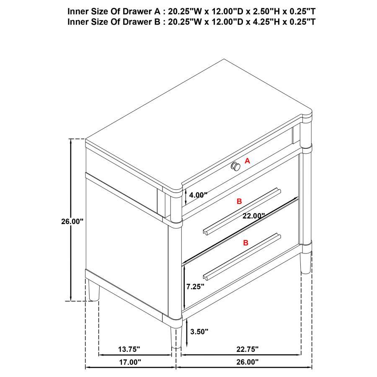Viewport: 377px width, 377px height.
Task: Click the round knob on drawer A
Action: coord(236,167)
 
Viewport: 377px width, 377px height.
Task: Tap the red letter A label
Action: coord(247,160)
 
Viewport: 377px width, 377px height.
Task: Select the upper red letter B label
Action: coord(239,201)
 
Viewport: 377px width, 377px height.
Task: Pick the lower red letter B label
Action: coord(246,243)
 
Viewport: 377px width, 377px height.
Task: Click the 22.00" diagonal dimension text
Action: coord(254,216)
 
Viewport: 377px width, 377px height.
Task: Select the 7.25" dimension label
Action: coord(195,287)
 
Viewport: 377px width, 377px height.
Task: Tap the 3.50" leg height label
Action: coord(199,332)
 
